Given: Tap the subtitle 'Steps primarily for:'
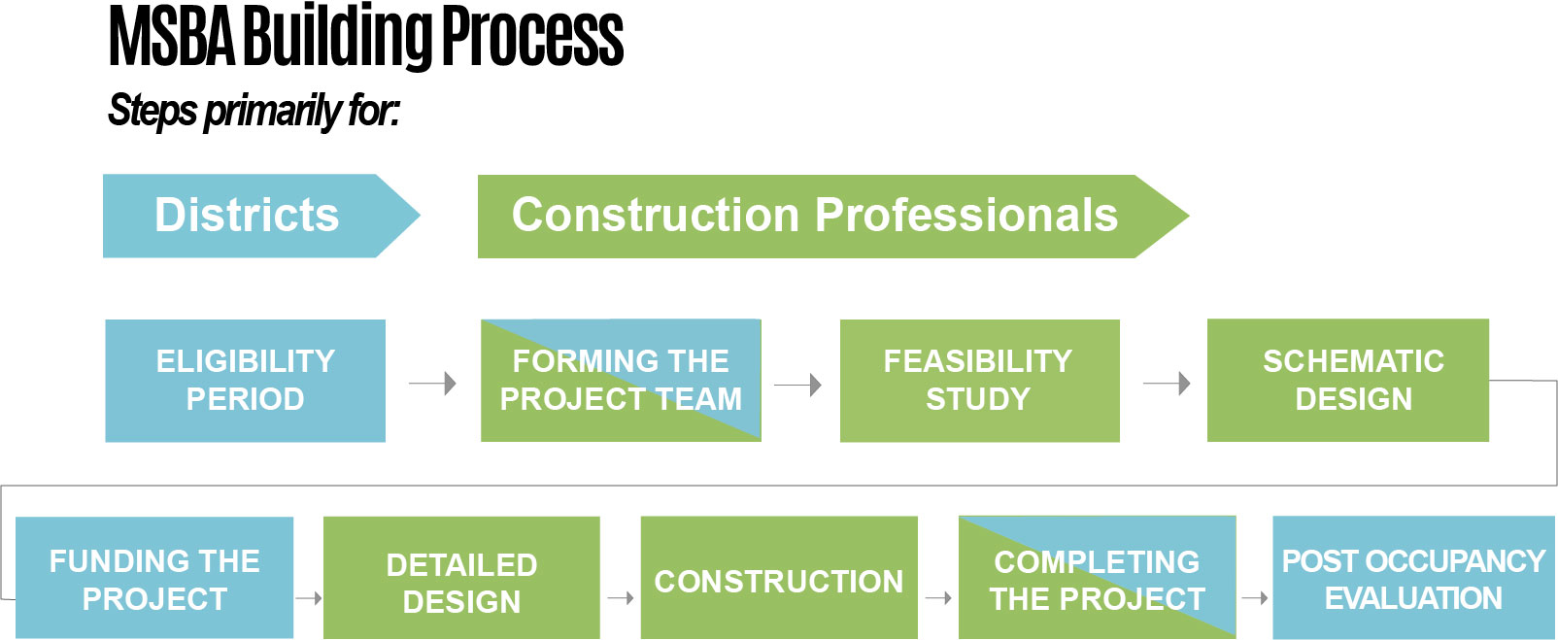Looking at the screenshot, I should (x=253, y=111).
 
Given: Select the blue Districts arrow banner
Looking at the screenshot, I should (x=248, y=216).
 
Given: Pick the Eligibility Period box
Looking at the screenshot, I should (x=245, y=381).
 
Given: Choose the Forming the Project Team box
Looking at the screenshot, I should (x=621, y=381).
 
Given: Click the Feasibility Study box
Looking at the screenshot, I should (x=979, y=381).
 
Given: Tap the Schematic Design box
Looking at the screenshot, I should (x=1347, y=381).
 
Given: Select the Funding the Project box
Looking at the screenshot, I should (x=154, y=579).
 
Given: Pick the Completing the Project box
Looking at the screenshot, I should (x=1097, y=579).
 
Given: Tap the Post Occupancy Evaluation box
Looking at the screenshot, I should (x=1413, y=579).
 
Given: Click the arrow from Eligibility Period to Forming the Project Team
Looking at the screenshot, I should (x=433, y=384).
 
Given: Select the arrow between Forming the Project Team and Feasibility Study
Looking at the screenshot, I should (x=798, y=386).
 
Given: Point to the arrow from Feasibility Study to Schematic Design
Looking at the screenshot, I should (x=1167, y=384).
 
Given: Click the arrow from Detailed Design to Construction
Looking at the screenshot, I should (x=621, y=598).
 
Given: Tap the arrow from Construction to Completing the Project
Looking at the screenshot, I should (x=938, y=598).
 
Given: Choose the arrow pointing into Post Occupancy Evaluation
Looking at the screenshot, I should (x=1255, y=598).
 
